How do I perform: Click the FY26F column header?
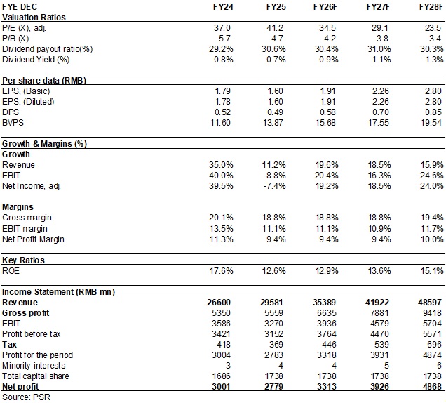325,6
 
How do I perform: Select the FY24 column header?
223,6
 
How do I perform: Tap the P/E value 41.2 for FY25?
275,28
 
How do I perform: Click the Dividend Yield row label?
36,60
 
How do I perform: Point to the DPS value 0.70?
381,112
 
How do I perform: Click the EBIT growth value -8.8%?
274,176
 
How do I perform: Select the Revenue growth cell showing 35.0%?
221,165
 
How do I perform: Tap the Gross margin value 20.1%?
221,218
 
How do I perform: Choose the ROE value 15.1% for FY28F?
432,271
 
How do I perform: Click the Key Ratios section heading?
23,260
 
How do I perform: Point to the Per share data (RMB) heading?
44,81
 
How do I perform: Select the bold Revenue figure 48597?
430,303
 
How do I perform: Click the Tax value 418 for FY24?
223,345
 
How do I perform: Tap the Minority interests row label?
34,366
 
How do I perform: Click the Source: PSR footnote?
26,397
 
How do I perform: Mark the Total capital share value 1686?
222,376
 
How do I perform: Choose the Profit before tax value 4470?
379,334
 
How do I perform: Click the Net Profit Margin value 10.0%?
432,239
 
